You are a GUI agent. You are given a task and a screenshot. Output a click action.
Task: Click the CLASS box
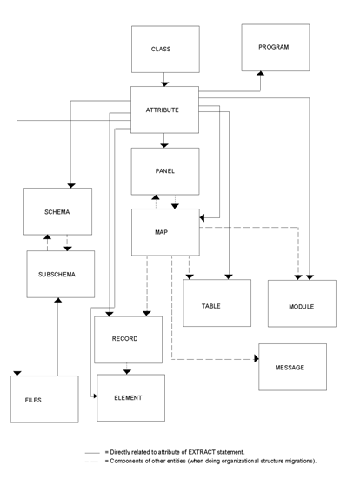coord(165,50)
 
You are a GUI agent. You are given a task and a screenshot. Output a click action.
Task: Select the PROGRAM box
coord(275,48)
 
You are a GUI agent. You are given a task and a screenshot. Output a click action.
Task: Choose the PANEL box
coord(165,171)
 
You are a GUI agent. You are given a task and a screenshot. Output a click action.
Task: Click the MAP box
coord(165,232)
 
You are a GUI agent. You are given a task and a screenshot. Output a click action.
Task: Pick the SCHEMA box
coord(57,211)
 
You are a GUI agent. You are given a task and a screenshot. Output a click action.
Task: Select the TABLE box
coord(217,303)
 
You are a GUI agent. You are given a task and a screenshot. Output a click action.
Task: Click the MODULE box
coord(302,303)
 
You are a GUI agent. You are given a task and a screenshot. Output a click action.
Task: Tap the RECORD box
coord(128,339)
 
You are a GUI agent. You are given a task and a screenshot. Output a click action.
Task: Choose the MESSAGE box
coord(292,367)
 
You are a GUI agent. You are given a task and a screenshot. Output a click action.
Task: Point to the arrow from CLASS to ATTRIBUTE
coord(165,80)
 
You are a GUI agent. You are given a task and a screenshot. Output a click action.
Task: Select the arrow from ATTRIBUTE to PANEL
coord(165,141)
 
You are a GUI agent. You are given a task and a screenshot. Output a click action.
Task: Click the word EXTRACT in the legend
coord(227,453)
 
